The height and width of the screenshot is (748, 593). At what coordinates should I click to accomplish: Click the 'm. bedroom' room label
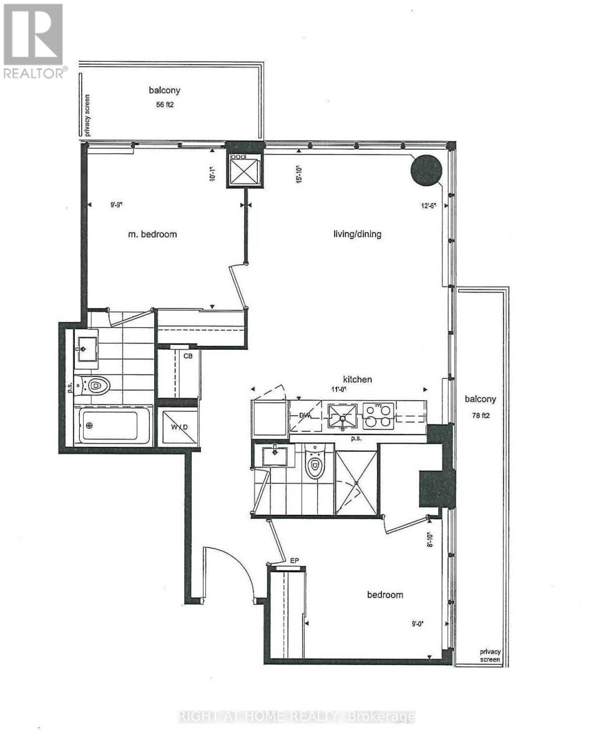[150, 234]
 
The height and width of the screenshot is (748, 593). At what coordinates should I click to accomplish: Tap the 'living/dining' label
[356, 234]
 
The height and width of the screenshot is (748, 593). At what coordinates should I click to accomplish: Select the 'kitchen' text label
[356, 379]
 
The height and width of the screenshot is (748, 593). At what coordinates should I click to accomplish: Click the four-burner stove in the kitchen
[378, 416]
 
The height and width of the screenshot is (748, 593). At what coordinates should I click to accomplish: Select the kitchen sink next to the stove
[343, 416]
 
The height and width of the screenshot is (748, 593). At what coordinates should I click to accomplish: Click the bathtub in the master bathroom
[113, 426]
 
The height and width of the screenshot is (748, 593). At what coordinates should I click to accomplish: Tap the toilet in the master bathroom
[95, 386]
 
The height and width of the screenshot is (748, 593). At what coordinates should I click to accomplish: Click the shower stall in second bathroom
[356, 483]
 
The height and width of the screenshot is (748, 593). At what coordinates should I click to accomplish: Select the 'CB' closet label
[187, 356]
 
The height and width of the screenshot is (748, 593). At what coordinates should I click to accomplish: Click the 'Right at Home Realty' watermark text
[296, 717]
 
